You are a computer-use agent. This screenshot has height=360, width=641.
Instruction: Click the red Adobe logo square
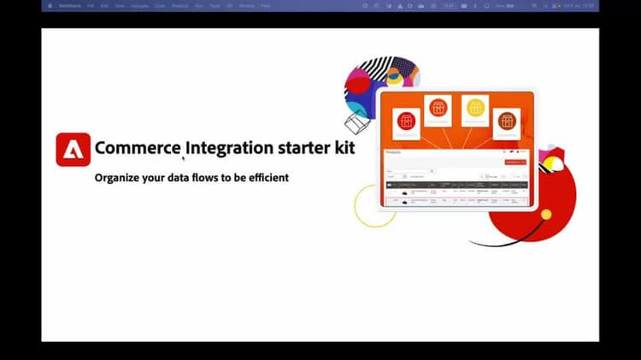point(73,149)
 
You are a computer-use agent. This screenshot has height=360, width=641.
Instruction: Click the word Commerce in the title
point(137,147)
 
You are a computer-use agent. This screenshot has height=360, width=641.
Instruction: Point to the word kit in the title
point(344,147)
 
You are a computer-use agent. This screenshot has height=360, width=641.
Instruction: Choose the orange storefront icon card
point(438,109)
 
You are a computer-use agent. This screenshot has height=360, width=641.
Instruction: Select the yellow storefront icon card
point(474,109)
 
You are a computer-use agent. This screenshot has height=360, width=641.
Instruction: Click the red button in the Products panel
point(515,162)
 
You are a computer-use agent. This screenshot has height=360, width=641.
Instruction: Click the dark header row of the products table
point(456,185)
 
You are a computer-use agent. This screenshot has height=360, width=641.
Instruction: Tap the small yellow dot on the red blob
point(546,214)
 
